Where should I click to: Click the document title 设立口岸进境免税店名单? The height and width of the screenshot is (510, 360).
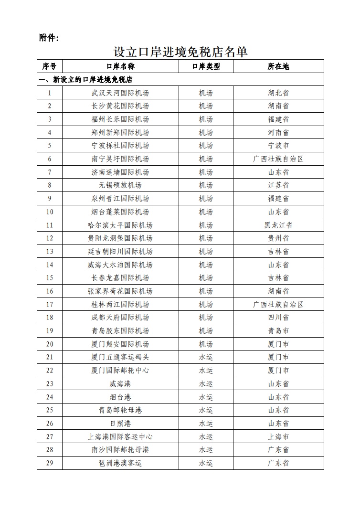coord(180,51)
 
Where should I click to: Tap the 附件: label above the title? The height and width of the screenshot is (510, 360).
coord(49,38)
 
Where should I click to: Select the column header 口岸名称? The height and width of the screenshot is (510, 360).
coord(120,66)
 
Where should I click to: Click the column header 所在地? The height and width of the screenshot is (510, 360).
coord(278,66)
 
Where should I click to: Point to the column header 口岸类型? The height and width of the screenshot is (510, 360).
coord(206,66)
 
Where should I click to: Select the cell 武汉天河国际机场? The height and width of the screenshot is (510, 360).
coord(120,93)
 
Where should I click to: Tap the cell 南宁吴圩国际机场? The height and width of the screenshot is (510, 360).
coord(120,159)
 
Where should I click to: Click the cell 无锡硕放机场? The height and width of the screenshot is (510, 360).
coord(120,185)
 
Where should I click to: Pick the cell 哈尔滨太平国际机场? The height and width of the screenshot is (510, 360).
coord(120,225)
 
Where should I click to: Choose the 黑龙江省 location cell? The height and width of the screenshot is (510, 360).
coord(278,225)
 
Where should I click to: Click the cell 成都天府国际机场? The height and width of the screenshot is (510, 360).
coord(120,318)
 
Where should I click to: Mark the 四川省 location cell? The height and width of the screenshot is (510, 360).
coord(278,318)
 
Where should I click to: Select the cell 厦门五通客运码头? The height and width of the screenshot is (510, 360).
coord(120,357)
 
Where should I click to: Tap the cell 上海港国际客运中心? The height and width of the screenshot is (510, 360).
coord(120,436)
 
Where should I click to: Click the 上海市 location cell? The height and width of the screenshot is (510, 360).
coord(278,436)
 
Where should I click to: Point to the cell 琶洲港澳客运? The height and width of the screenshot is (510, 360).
coord(120,463)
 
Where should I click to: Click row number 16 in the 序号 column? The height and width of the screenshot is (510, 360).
coord(50,291)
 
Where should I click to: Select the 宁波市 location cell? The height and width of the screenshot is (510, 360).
coord(278,146)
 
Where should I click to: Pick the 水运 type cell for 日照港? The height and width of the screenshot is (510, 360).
coord(206,423)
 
